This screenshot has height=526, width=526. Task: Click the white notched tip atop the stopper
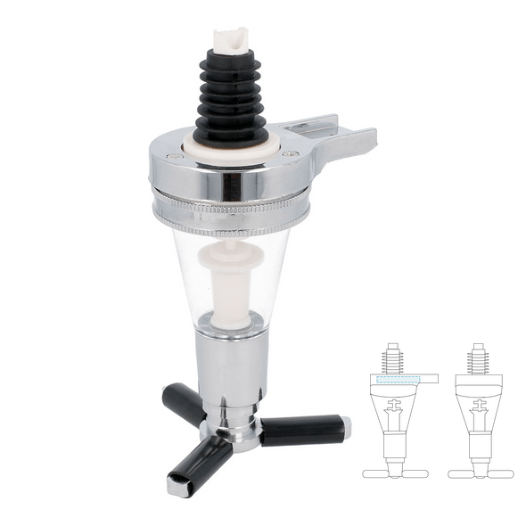pyautogui.click(x=231, y=41)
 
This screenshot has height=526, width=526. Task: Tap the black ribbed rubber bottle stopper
pyautogui.click(x=231, y=98)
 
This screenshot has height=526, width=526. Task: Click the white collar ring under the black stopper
pyautogui.click(x=231, y=148)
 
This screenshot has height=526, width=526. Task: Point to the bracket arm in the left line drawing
pyautogui.click(x=429, y=378)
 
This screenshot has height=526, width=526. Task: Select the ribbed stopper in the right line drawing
pyautogui.click(x=478, y=358)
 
